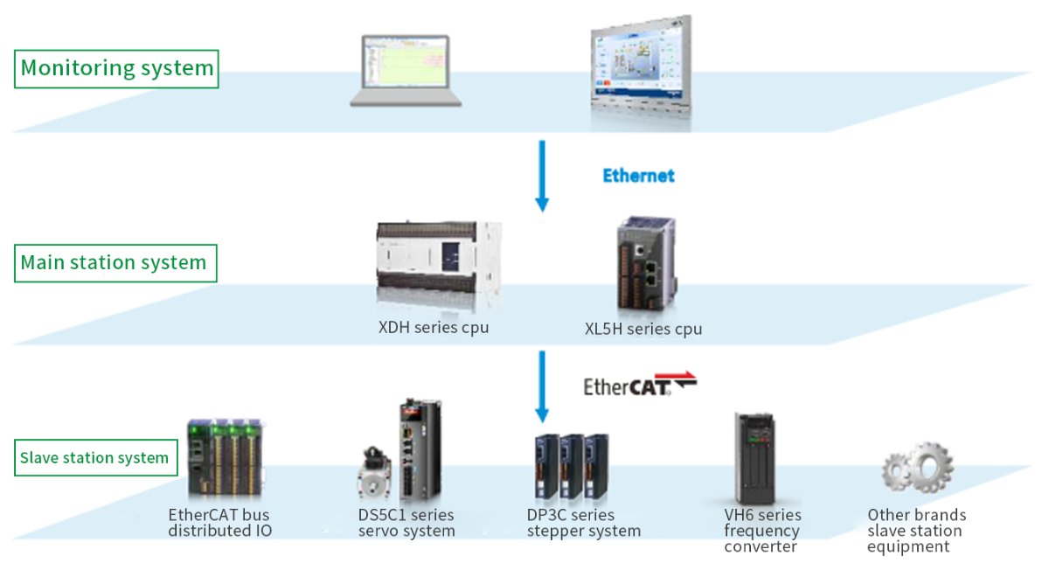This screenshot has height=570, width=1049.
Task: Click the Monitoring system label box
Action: pos(116,69)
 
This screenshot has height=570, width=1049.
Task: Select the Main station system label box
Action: pos(115,263)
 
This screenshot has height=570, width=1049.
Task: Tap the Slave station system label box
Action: pos(95,457)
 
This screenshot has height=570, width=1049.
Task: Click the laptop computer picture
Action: pos(406,71)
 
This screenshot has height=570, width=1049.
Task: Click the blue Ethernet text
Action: pos(638,176)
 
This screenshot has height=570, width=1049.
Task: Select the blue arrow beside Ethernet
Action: pos(542,176)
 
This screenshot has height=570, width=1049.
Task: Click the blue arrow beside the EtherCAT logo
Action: pos(542,387)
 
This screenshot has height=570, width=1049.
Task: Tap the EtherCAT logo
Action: pos(640,384)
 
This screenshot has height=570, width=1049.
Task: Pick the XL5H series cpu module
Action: pos(647,264)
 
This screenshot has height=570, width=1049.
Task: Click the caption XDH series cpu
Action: pos(434,327)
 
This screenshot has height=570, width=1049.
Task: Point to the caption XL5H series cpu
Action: pos(643,330)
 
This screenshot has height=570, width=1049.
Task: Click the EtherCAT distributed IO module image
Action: pos(226,457)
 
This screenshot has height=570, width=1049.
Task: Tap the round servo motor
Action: pos(374,473)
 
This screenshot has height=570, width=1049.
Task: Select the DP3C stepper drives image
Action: pos(572,467)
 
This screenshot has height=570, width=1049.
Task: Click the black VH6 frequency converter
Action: pos(754,458)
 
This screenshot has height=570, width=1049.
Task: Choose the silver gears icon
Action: pos(917,468)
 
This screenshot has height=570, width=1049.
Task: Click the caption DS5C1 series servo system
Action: pos(406,523)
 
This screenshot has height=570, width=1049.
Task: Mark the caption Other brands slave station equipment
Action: pos(916,531)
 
